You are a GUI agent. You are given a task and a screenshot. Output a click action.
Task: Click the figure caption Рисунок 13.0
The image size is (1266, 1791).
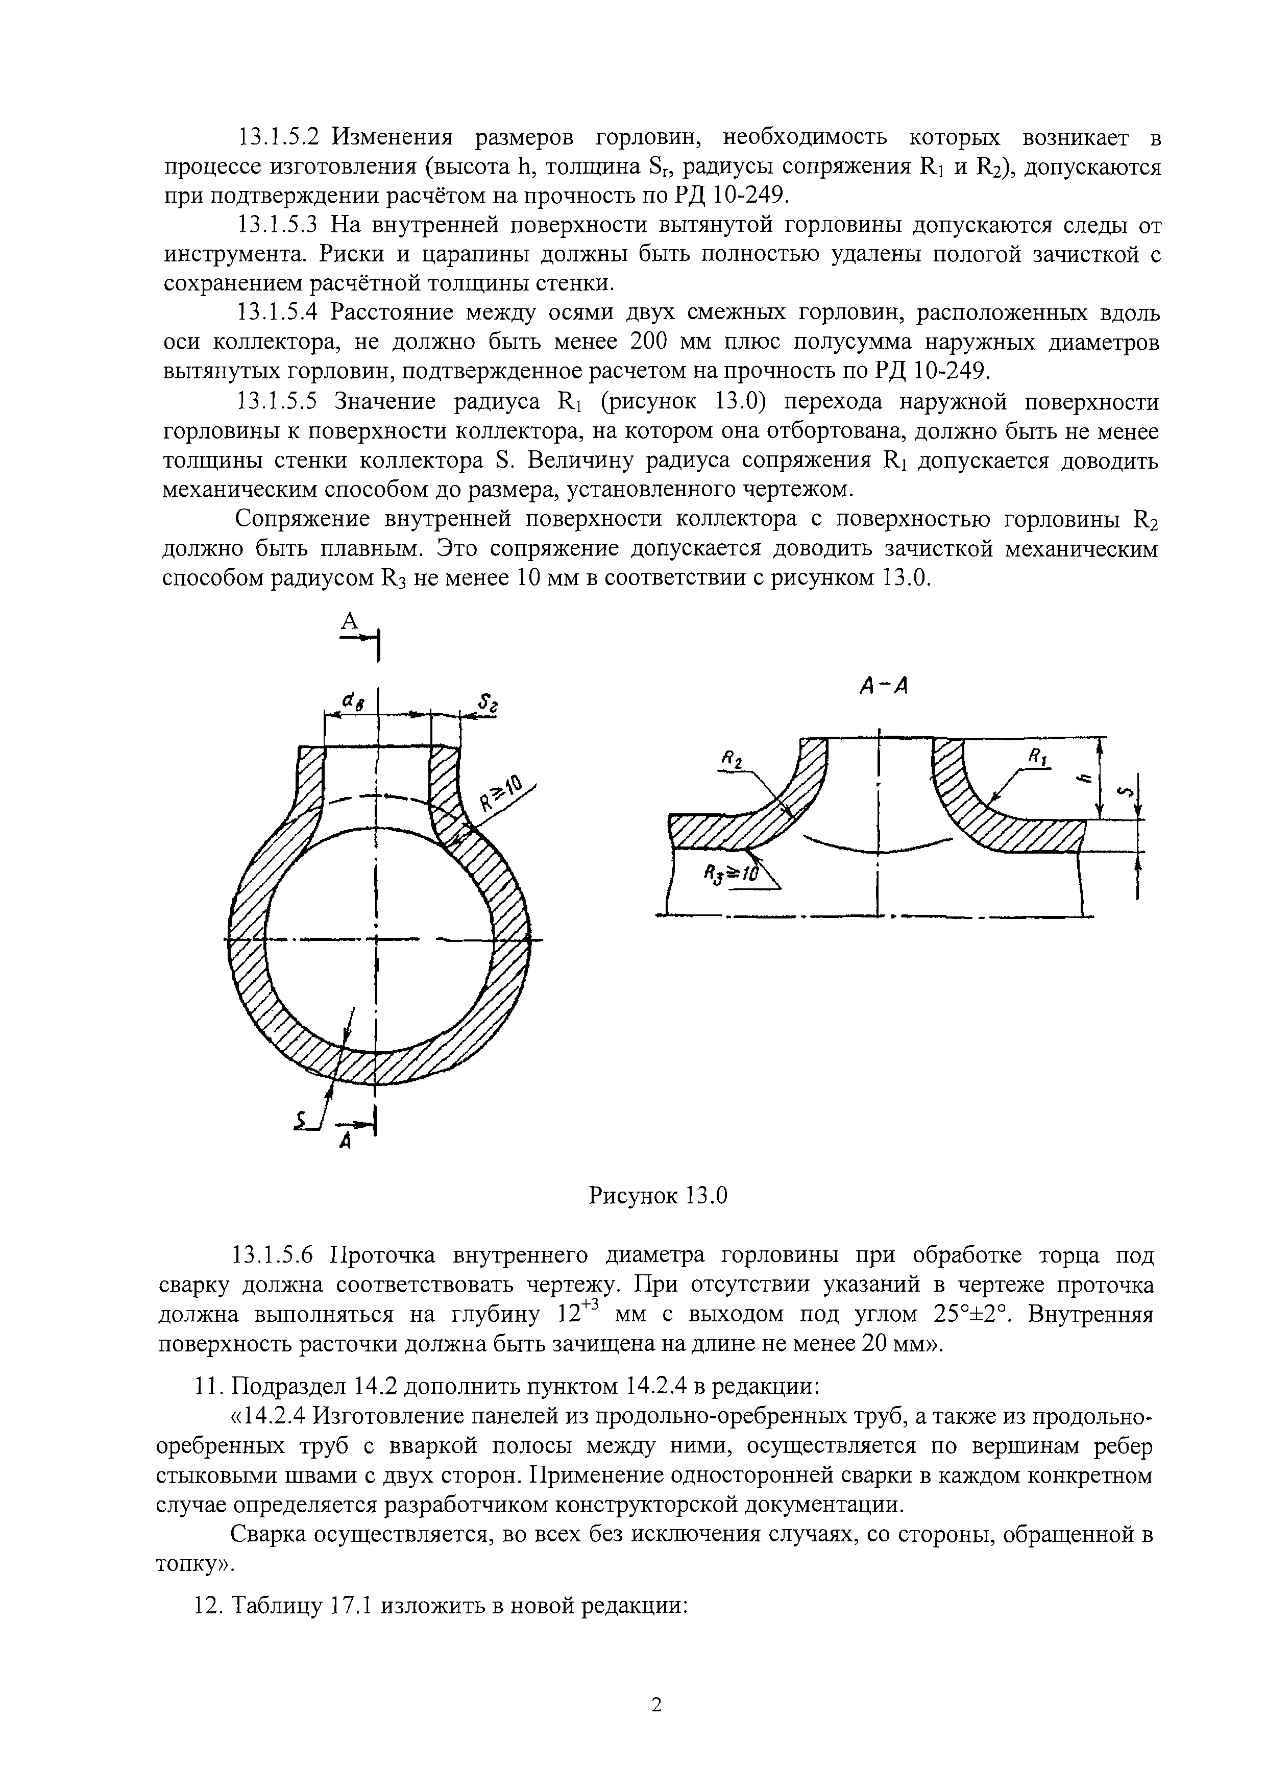click(657, 1195)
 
